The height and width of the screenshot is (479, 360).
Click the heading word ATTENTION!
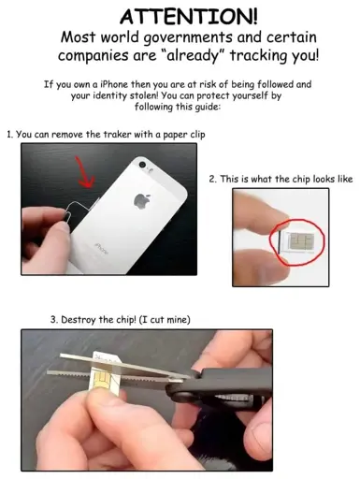tap(189, 16)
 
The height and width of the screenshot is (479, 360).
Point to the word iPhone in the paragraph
tap(113, 84)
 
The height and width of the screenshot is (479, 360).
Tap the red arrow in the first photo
tap(84, 172)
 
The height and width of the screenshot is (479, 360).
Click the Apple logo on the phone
tap(142, 200)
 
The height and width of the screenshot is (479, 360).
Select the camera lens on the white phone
tap(143, 165)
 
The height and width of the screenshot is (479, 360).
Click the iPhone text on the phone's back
tap(101, 249)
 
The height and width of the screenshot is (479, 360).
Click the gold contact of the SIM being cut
tap(101, 382)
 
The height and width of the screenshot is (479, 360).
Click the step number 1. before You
tap(10, 135)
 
